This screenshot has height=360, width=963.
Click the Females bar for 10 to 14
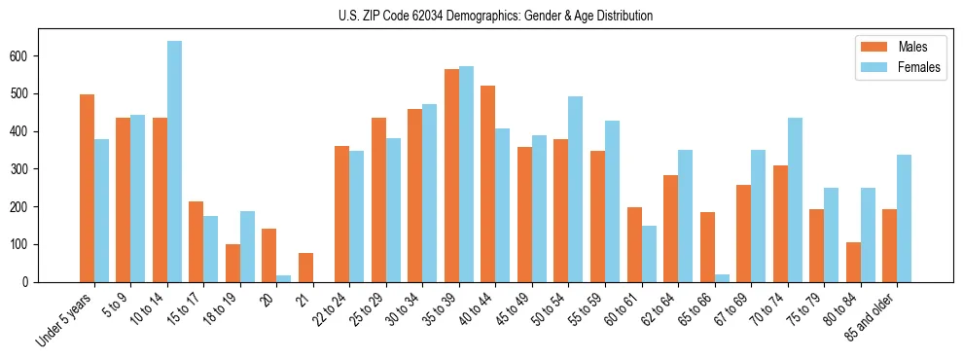coord(174,162)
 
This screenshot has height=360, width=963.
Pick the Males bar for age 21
coord(305,268)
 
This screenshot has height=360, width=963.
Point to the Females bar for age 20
coord(284,278)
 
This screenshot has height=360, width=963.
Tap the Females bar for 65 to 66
coord(722,278)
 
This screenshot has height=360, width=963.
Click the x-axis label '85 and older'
coord(870,317)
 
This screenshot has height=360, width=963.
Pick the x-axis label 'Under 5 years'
coord(63,319)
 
